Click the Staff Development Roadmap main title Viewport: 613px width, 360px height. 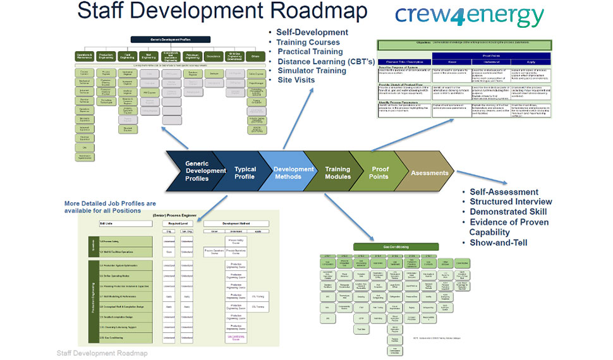[x=222, y=11]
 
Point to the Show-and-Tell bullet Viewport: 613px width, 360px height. [x=499, y=242]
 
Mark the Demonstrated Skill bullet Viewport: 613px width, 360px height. [x=508, y=212]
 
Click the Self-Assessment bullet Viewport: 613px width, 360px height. [x=504, y=192]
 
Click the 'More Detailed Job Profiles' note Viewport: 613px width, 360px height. [x=111, y=207]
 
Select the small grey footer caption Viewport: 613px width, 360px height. [x=102, y=353]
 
